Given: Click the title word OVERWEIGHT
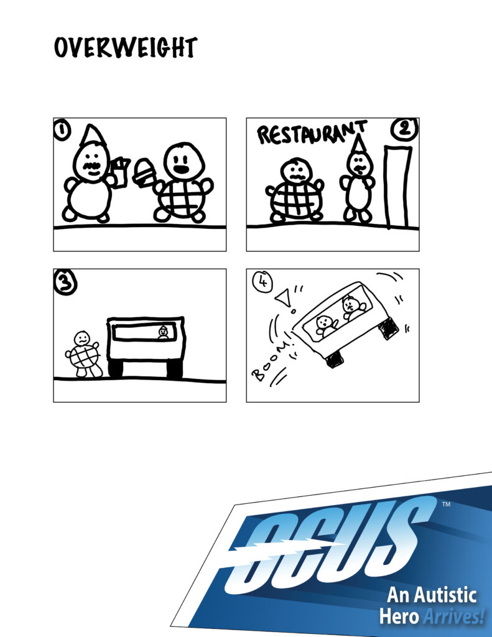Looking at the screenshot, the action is click(x=126, y=47).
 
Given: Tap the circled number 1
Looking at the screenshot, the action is click(x=62, y=131).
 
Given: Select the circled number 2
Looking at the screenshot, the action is click(x=404, y=129).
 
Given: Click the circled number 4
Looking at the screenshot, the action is click(x=262, y=281).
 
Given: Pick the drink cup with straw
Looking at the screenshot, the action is click(x=120, y=173).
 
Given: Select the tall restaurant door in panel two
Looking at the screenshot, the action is click(x=397, y=187).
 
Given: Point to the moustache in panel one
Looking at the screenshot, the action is click(x=93, y=165).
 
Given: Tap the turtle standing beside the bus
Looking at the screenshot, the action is click(x=83, y=354).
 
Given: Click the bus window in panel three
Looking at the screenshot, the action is click(x=144, y=332).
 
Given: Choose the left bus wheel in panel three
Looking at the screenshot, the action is click(x=115, y=369).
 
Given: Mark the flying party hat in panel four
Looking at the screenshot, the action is click(x=283, y=298).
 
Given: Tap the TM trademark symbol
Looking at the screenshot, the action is click(x=446, y=504).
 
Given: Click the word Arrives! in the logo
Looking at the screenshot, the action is click(x=454, y=616).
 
